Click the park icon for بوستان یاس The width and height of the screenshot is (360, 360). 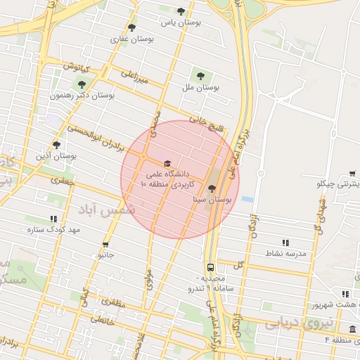click(181, 11)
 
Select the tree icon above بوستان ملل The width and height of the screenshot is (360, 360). click(201, 75)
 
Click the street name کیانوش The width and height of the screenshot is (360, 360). click(75, 69)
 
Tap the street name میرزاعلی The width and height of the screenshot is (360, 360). click(135, 77)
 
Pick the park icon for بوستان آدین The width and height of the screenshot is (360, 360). click(56, 145)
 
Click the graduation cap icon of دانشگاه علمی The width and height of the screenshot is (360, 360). click(167, 164)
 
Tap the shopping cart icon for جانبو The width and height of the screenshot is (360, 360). click(106, 245)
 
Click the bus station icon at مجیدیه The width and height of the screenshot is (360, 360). click(210, 267)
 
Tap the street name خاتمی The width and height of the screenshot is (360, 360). click(100, 320)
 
